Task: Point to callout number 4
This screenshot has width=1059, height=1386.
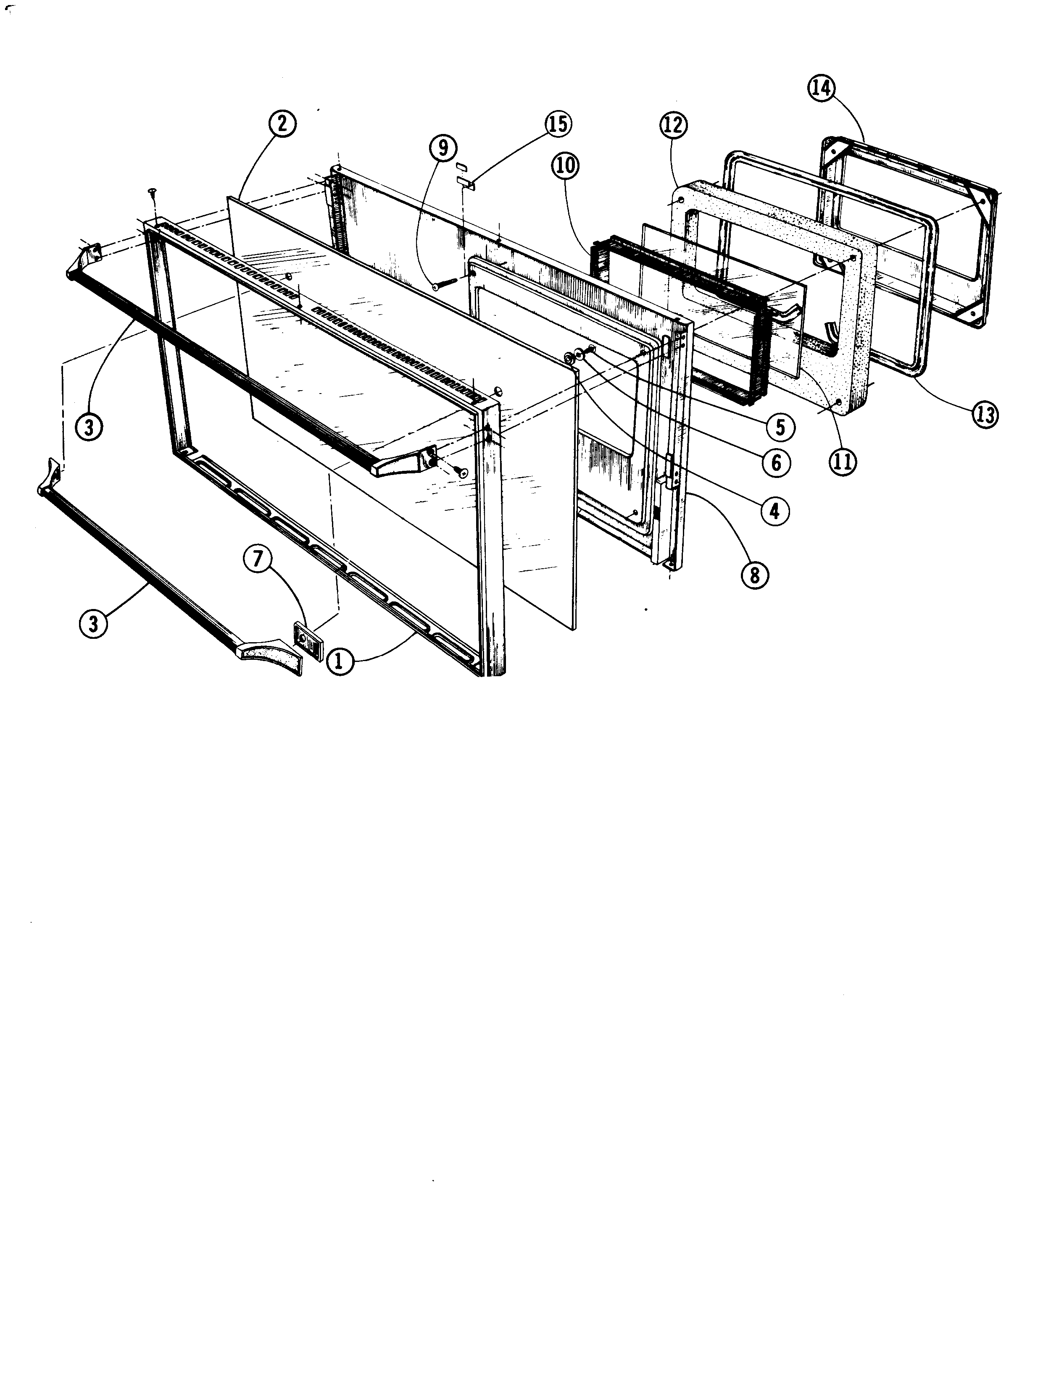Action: click(x=774, y=511)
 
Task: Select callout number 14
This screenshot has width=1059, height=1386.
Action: click(x=821, y=89)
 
